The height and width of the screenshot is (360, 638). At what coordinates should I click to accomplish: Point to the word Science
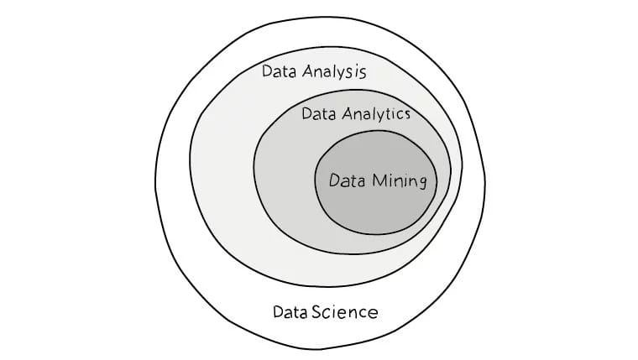click(345, 313)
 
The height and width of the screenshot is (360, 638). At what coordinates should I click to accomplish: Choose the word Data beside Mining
click(346, 180)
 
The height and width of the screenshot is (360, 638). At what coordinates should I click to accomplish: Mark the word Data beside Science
click(290, 313)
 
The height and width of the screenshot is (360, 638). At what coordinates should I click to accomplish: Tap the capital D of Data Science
click(279, 313)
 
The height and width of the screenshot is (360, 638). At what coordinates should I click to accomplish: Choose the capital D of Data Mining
click(334, 180)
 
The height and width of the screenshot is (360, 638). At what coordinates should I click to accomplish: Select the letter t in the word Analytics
click(391, 113)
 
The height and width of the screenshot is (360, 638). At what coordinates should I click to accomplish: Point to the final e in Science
click(373, 314)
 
